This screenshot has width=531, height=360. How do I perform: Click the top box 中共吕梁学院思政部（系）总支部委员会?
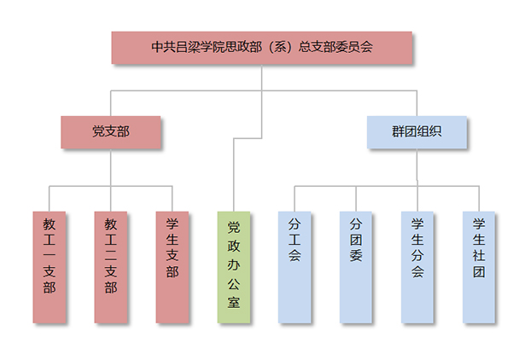tap(262, 48)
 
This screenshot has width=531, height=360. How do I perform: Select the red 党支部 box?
tap(111, 131)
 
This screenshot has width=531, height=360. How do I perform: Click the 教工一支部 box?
tap(49, 266)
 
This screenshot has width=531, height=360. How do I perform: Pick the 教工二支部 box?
tap(111, 266)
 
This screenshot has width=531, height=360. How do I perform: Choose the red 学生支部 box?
tap(172, 266)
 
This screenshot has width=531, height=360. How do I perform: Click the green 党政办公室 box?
tap(234, 266)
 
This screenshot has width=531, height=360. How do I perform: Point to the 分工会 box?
tap(295, 266)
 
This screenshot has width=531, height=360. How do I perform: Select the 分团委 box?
tap(356, 266)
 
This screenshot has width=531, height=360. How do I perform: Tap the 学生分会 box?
tap(417, 266)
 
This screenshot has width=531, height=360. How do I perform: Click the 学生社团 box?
tap(479, 266)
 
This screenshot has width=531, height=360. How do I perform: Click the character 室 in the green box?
tap(234, 302)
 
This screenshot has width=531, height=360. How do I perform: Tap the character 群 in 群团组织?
tap(398, 131)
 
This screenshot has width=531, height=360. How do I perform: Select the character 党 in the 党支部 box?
tap(98, 131)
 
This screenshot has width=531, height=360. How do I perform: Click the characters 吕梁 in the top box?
tap(186, 48)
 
